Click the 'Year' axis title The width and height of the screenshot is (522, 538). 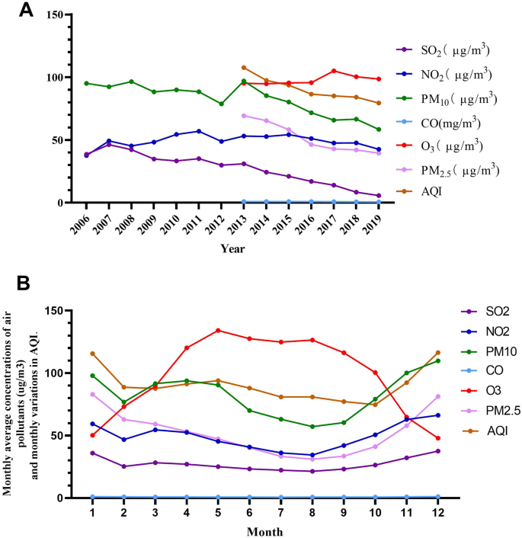(x=232, y=248)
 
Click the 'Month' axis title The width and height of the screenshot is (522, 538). (x=266, y=531)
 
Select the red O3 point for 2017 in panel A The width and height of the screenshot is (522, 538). (x=334, y=71)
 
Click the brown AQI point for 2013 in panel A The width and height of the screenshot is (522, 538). (x=244, y=68)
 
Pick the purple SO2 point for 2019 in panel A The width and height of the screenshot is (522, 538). (x=379, y=196)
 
